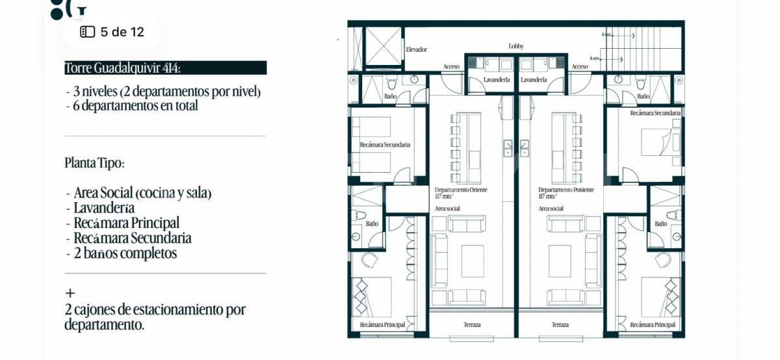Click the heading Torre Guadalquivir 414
(x=123, y=68)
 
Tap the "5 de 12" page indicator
(x=112, y=32)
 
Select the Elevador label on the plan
(x=416, y=49)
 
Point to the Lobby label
(x=516, y=46)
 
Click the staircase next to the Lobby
(x=651, y=48)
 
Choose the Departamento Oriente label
(x=461, y=190)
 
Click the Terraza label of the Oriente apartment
(x=472, y=325)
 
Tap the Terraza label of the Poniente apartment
(x=560, y=325)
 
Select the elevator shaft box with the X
(x=383, y=48)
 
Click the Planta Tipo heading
(x=94, y=163)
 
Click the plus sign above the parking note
(x=70, y=293)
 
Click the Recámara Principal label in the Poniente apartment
(x=653, y=325)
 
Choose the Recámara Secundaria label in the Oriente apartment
(x=385, y=145)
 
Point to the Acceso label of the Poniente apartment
(x=580, y=67)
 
